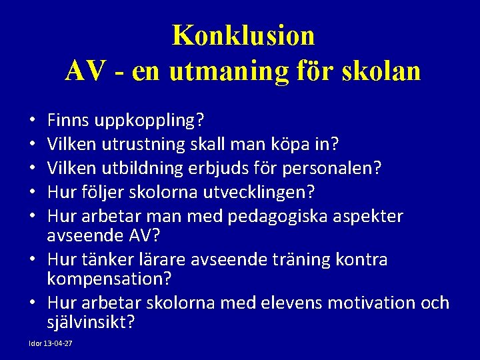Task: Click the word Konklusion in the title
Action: [243, 35]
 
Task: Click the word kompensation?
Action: [109, 278]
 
